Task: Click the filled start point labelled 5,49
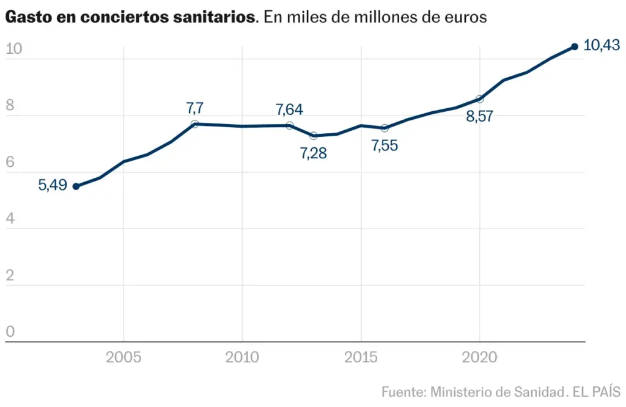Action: click(76, 186)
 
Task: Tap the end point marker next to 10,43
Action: click(575, 46)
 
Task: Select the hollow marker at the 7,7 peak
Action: click(194, 123)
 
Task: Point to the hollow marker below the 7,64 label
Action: click(289, 125)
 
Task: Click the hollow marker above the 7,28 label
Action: click(314, 136)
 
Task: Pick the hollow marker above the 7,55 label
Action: click(385, 128)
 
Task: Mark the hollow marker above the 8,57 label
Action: click(479, 99)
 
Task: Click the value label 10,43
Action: click(602, 45)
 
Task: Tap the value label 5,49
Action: click(53, 185)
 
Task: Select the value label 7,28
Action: click(314, 153)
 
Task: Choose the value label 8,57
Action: click(479, 116)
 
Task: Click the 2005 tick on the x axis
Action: click(123, 357)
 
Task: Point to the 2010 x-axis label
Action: click(242, 357)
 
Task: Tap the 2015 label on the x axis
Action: click(361, 357)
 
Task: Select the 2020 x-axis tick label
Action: click(479, 357)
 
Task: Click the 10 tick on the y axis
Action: click(14, 49)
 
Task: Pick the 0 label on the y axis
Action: click(10, 332)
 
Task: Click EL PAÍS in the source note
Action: click(597, 392)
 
